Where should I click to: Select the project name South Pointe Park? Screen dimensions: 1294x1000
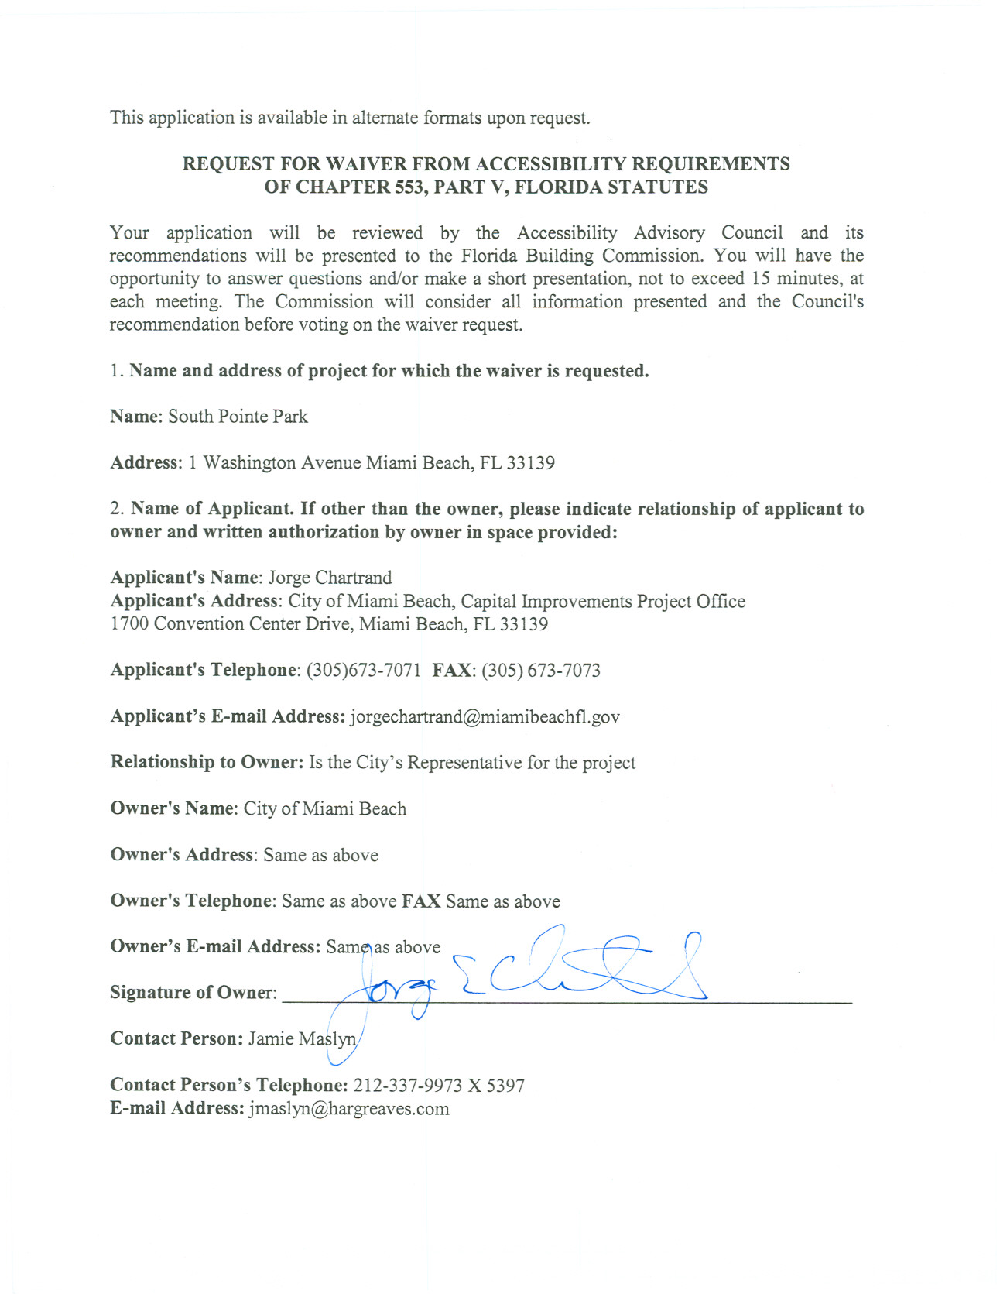(238, 417)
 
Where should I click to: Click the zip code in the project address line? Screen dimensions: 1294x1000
(530, 463)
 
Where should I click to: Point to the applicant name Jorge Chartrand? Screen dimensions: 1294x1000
(330, 578)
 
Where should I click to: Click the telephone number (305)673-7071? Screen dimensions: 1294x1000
(364, 671)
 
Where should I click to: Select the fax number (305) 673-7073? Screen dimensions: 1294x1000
(541, 671)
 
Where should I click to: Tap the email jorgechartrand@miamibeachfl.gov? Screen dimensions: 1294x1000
(485, 717)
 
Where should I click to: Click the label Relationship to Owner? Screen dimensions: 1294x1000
(207, 763)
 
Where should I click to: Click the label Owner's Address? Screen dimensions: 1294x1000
(182, 855)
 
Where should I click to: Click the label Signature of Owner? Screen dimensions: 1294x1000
(193, 993)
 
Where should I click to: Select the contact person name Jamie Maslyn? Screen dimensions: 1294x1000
(302, 1039)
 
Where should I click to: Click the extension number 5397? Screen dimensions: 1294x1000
(505, 1086)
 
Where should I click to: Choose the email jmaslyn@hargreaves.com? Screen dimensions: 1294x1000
(348, 1109)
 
